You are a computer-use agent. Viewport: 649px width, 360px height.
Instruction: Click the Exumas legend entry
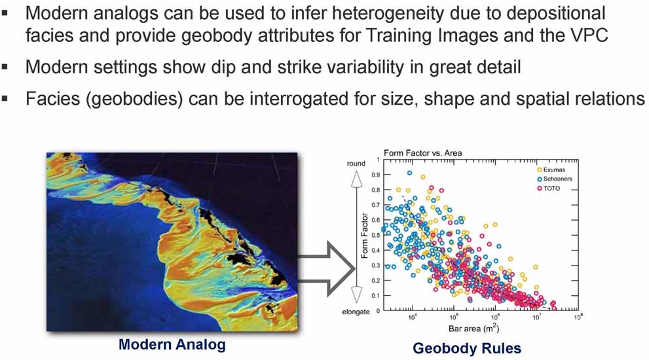[551, 170]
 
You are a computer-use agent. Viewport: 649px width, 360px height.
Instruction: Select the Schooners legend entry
[555, 179]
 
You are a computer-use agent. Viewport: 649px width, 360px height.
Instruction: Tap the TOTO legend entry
[548, 189]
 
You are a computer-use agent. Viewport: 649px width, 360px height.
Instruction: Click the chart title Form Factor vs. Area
[422, 153]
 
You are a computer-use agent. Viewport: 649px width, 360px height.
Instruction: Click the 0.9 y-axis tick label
[375, 175]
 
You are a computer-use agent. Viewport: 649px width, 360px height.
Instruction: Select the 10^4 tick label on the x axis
[412, 317]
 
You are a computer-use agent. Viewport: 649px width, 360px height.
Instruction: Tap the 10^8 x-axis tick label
[578, 317]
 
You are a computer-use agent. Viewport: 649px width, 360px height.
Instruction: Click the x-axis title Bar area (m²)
[474, 329]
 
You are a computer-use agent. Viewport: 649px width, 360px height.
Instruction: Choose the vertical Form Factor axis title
[365, 236]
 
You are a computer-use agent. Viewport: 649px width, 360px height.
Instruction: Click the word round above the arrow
[356, 164]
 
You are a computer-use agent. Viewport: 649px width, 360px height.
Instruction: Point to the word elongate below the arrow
[356, 312]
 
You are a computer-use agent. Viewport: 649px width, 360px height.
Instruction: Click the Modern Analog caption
[172, 344]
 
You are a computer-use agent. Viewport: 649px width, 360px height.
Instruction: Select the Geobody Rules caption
[467, 348]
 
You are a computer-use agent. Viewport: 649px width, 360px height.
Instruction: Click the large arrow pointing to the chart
[326, 269]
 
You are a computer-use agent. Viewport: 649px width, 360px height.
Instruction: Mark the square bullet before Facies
[5, 98]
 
